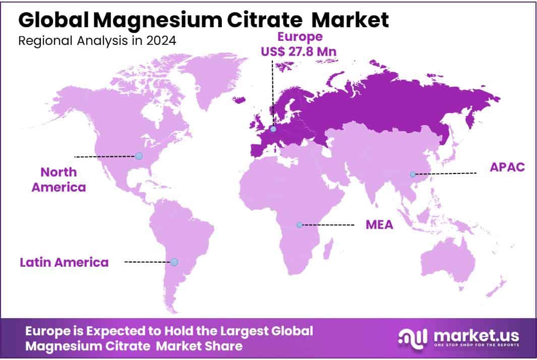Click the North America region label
click(58, 179)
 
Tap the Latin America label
click(64, 262)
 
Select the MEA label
click(379, 225)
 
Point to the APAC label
click(507, 167)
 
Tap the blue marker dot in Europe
click(273, 129)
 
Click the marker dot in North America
click(139, 156)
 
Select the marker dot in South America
click(174, 262)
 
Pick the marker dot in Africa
click(300, 225)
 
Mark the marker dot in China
click(412, 174)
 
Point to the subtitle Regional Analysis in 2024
click(97, 41)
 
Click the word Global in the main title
click(53, 20)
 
